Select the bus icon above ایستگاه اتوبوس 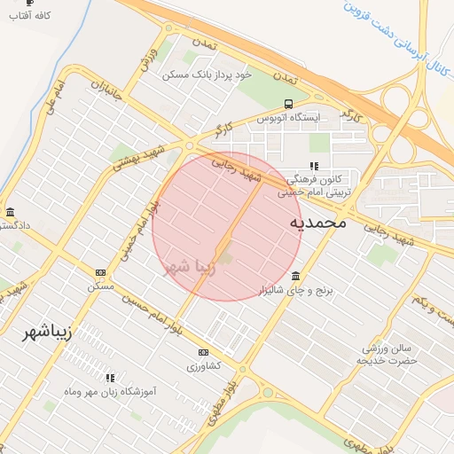click(x=288, y=105)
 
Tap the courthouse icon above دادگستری click(x=10, y=212)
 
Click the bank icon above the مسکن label click(x=100, y=273)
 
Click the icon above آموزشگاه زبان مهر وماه click(x=110, y=378)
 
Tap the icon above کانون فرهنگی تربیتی click(x=313, y=166)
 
